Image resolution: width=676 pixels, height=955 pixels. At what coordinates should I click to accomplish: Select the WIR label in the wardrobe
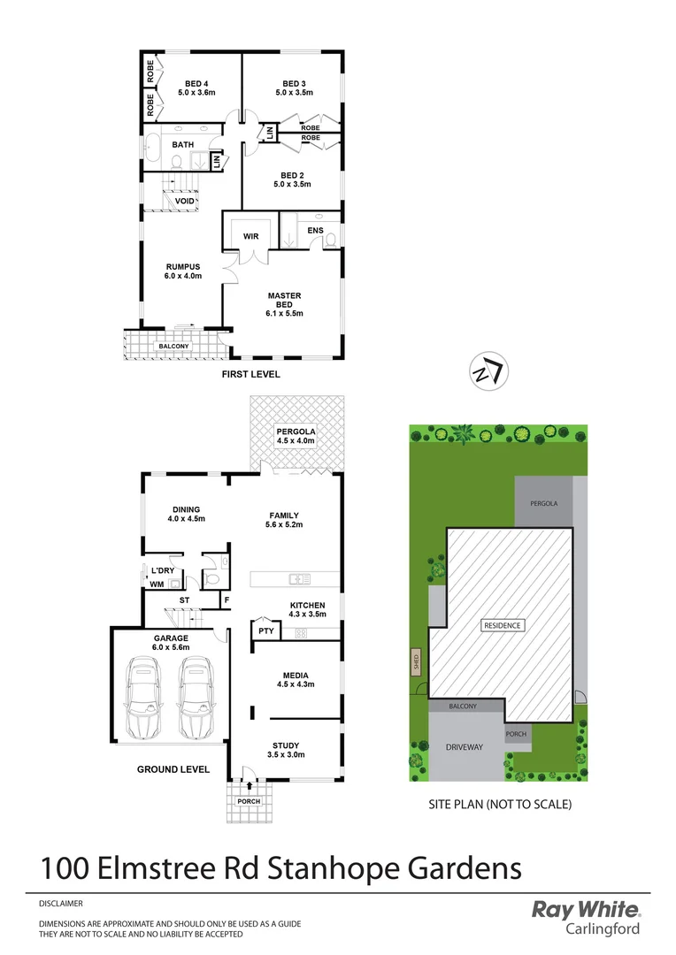pos(250,236)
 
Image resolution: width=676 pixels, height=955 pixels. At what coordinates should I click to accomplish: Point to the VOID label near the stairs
pos(184,201)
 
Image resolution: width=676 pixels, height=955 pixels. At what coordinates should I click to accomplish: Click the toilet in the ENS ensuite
pos(330,239)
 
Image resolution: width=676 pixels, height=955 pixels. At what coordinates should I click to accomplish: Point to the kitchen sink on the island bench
pos(298,580)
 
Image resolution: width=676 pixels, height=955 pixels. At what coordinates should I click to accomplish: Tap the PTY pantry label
pos(265,630)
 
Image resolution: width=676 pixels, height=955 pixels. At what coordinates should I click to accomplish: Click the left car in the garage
pos(142,699)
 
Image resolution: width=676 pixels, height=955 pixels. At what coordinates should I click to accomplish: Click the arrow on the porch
pos(250,784)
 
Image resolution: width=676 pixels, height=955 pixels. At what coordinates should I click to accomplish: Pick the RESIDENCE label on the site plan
pos(502,625)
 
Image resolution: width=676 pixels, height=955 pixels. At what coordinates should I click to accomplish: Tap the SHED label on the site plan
pos(416,662)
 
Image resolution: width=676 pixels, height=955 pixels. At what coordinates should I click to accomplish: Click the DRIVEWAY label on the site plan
pos(464,747)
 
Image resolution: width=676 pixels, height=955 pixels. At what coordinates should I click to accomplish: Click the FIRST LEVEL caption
pos(251,374)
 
